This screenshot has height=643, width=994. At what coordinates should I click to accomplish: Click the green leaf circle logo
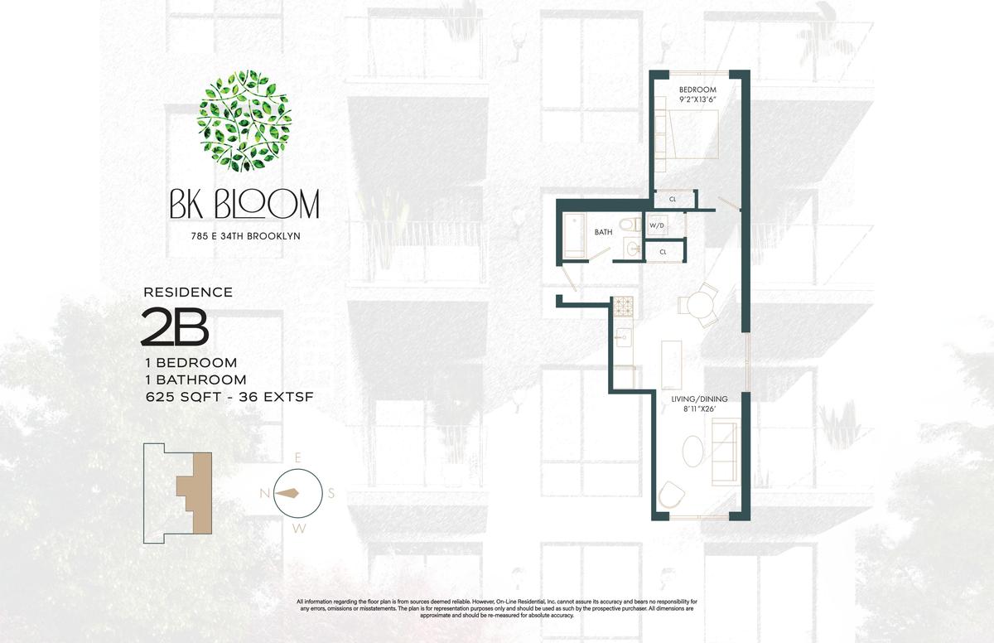pyautogui.click(x=244, y=121)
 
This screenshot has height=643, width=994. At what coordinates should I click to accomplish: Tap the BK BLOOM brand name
pyautogui.click(x=244, y=204)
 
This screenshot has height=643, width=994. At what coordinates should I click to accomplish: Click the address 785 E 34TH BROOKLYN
pyautogui.click(x=246, y=236)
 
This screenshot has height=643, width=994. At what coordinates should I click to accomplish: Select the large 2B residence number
pyautogui.click(x=175, y=327)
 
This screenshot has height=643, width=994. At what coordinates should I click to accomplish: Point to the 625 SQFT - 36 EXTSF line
pyautogui.click(x=230, y=397)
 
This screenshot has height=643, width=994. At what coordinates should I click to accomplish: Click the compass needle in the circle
pyautogui.click(x=287, y=493)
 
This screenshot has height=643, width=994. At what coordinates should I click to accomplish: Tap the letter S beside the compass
pyautogui.click(x=331, y=494)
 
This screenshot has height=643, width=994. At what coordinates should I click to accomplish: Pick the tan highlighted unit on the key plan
pyautogui.click(x=195, y=492)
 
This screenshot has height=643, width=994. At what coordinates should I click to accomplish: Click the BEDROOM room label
pyautogui.click(x=697, y=89)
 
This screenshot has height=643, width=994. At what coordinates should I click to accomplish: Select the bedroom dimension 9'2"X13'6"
pyautogui.click(x=697, y=100)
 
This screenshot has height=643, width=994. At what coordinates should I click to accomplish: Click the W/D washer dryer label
pyautogui.click(x=657, y=225)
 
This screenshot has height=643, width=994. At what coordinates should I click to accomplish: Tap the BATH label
pyautogui.click(x=604, y=232)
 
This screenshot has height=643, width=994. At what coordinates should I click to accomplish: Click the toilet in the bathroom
pyautogui.click(x=630, y=224)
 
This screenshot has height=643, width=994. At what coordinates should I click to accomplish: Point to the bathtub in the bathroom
pyautogui.click(x=574, y=236)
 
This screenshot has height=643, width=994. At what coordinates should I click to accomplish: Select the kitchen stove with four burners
pyautogui.click(x=624, y=307)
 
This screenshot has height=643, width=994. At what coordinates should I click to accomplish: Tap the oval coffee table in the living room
pyautogui.click(x=692, y=451)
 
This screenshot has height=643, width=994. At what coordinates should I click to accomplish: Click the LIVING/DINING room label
pyautogui.click(x=699, y=399)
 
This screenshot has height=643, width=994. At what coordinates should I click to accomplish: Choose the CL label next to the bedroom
pyautogui.click(x=673, y=199)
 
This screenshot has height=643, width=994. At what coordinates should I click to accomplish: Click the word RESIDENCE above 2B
pyautogui.click(x=188, y=292)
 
